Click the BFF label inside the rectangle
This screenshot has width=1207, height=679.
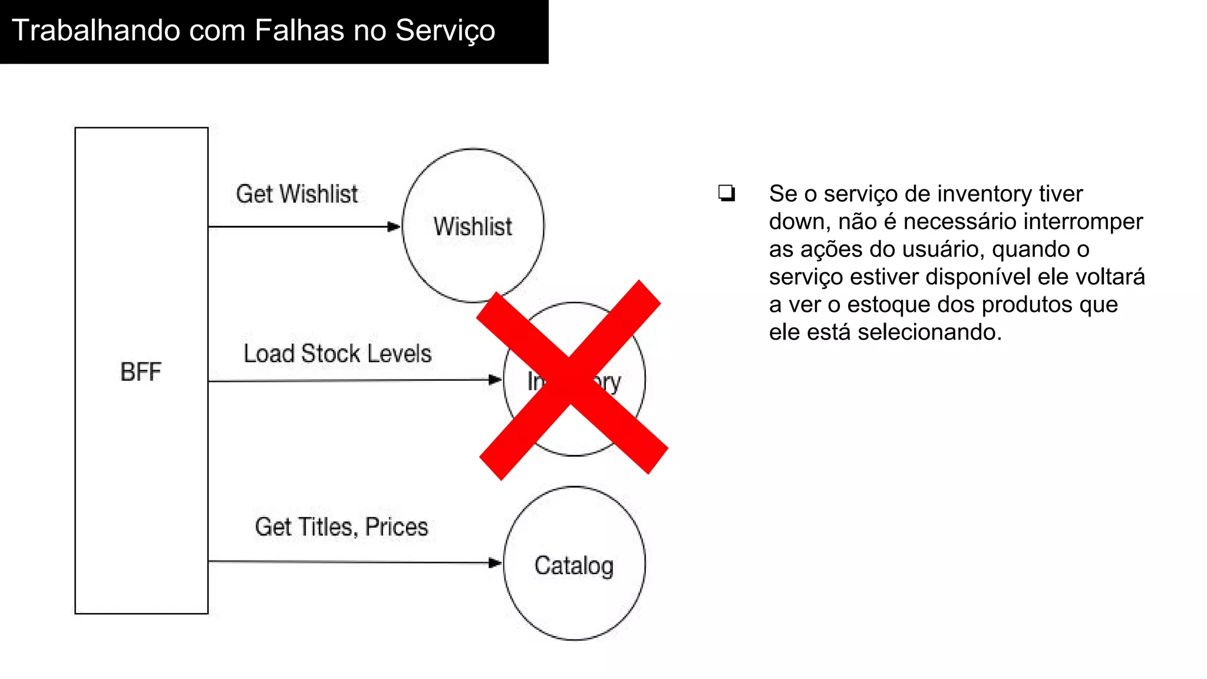coord(141,372)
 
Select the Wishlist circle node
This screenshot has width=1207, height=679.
coord(473,226)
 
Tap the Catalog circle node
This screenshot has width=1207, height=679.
coord(574,565)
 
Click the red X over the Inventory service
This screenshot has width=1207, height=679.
coord(571,379)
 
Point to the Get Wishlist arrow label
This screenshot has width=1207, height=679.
coord(296,194)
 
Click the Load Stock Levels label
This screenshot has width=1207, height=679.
coord(338,354)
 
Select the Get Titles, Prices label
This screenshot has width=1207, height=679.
coord(341,526)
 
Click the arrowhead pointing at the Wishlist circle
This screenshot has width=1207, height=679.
coord(394,226)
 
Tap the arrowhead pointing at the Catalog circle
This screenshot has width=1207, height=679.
coord(495,563)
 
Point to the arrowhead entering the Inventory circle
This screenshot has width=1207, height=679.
coord(495,380)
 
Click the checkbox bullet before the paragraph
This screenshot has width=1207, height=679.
coord(727,193)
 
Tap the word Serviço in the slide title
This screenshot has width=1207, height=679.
coord(445,31)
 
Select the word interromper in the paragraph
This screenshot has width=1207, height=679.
coord(1083,222)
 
